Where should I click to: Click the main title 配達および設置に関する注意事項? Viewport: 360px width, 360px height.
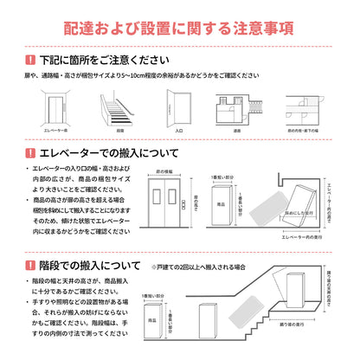[x=180, y=29]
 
